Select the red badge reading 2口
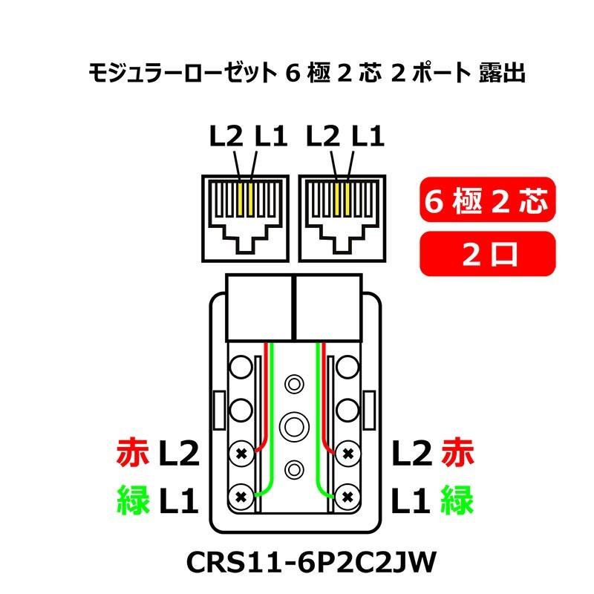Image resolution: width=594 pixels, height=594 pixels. (486, 254)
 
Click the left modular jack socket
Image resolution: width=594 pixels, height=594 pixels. (245, 215)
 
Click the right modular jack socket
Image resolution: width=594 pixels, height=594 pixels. (342, 215)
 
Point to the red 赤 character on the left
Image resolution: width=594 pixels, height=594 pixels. (134, 452)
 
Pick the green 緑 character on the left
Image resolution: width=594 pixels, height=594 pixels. (134, 502)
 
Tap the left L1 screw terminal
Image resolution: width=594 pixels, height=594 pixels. (241, 495)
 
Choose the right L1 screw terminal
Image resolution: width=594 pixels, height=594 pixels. (346, 495)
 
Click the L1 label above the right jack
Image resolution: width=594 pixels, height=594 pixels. (368, 137)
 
